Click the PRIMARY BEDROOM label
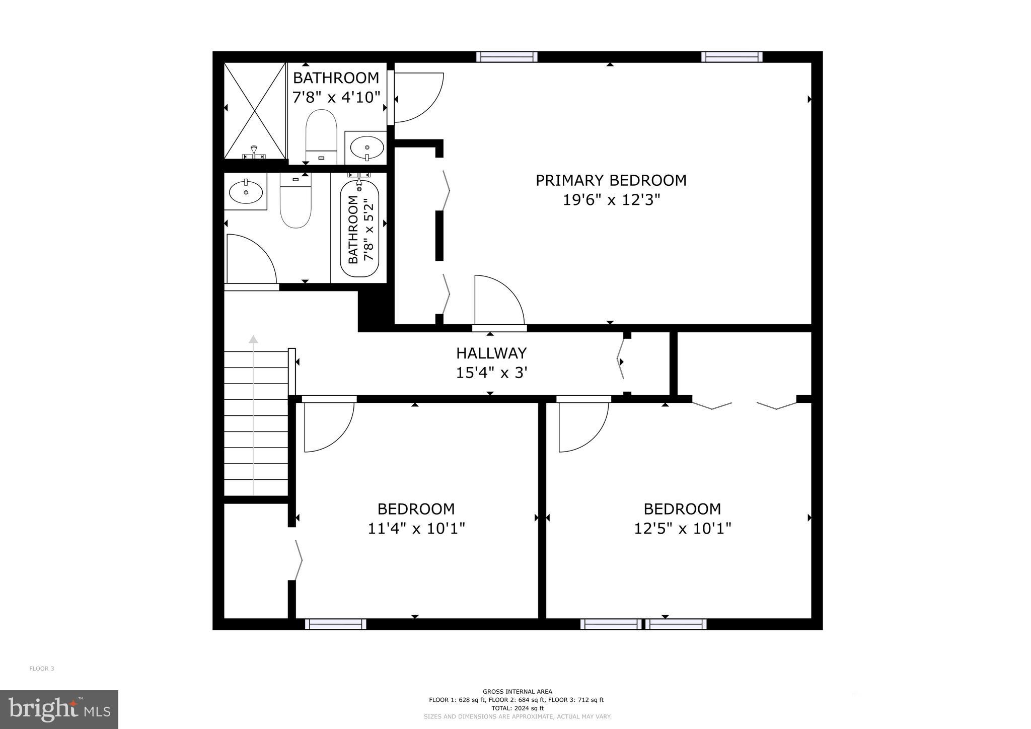tap(611, 180)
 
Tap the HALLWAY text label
tap(491, 353)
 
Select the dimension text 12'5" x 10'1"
tap(682, 529)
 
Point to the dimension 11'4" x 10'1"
tap(416, 529)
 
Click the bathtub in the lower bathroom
tap(359, 229)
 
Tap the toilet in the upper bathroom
tap(321, 133)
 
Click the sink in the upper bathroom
tap(366, 148)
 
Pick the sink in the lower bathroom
tap(246, 192)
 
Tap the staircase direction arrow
tap(253, 413)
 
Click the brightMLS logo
tap(59, 709)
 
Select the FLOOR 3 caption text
tap(42, 669)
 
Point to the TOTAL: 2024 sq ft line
tap(517, 708)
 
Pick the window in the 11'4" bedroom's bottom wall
tap(336, 624)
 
